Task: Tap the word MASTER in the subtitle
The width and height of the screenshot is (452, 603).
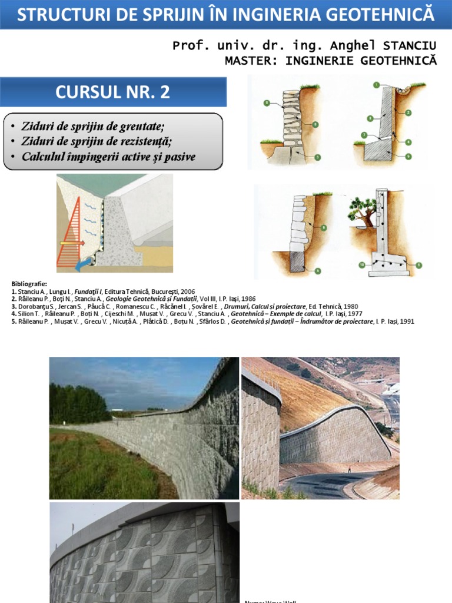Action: coord(245,60)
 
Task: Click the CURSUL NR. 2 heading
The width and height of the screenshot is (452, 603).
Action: coord(113,92)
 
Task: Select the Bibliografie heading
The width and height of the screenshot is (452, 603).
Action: coord(28,284)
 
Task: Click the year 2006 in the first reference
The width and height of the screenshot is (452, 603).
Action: coord(186,291)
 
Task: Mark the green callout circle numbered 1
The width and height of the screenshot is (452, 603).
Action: coord(375,85)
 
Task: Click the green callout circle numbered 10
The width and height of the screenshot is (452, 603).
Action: coord(361,266)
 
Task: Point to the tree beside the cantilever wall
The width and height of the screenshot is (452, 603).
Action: coord(363,211)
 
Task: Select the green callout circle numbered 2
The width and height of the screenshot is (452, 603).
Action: coord(408,112)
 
